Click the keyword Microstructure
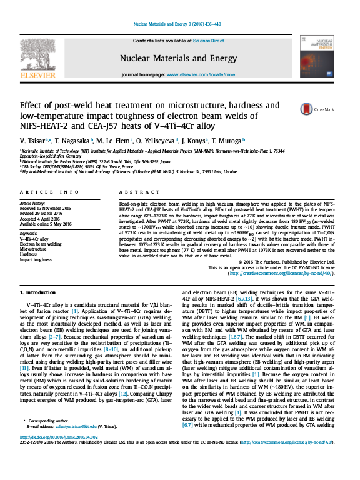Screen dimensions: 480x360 (35, 249)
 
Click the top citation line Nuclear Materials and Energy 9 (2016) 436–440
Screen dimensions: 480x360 (180, 26)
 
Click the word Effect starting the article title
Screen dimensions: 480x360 (32, 105)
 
